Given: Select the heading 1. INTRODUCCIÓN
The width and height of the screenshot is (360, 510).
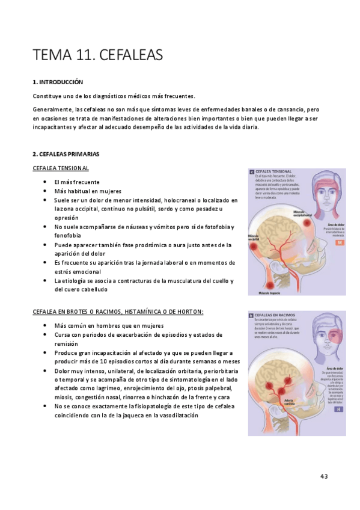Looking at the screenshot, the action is pyautogui.click(x=58, y=82).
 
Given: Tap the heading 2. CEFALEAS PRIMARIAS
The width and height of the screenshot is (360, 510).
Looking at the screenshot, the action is pyautogui.click(x=66, y=154).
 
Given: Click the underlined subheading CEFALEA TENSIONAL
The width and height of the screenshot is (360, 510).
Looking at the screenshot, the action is pyautogui.click(x=61, y=168).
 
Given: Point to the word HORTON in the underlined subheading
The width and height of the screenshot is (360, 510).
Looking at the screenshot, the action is pyautogui.click(x=188, y=311).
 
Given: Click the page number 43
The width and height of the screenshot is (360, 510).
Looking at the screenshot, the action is pyautogui.click(x=324, y=476).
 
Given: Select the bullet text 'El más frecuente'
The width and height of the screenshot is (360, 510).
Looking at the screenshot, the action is pyautogui.click(x=76, y=182).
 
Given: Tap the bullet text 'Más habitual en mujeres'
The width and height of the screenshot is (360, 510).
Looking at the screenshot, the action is pyautogui.click(x=88, y=191).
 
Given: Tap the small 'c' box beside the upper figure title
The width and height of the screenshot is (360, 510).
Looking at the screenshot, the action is pyautogui.click(x=251, y=171).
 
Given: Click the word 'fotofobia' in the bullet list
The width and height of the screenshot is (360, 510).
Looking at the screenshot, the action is pyautogui.click(x=214, y=227).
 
